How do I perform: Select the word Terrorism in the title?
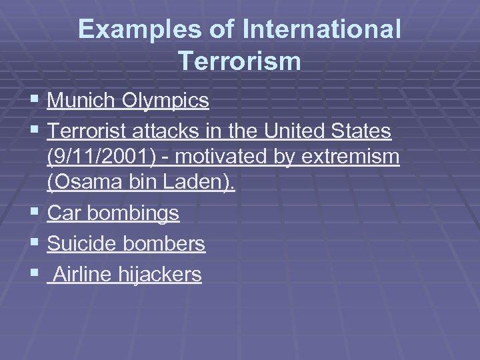[240, 61]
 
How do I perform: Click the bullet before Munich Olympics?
[35, 101]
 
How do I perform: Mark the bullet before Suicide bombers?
[35, 244]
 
